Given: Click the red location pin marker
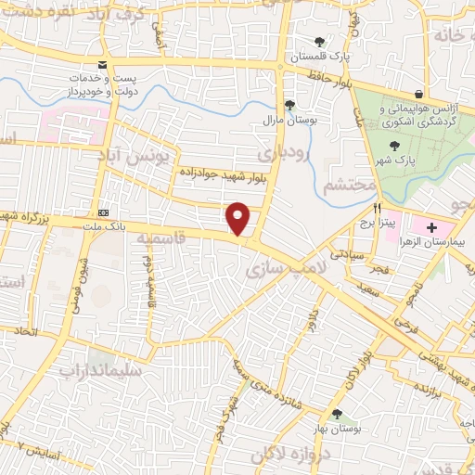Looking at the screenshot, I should [238, 219].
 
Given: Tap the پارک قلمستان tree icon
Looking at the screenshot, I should [320, 42].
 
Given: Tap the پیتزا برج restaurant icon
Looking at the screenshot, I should [379, 209].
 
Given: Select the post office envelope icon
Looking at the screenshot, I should [102, 66].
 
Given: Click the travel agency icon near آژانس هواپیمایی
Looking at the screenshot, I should [419, 94].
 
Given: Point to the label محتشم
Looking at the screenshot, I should [349, 185].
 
